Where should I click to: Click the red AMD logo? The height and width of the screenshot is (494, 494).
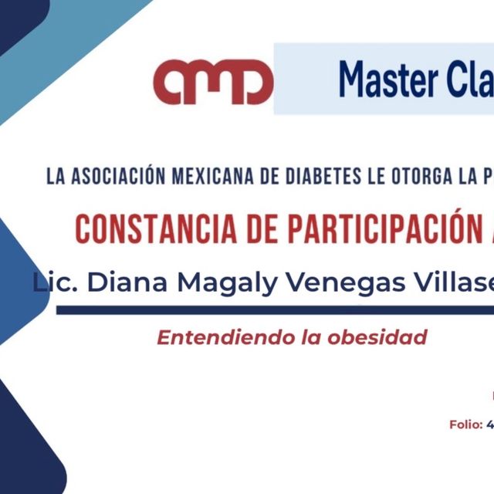[x=213, y=82]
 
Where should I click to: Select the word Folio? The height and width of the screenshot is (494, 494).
[x=465, y=425]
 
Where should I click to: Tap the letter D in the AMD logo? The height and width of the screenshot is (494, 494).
[x=250, y=83]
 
